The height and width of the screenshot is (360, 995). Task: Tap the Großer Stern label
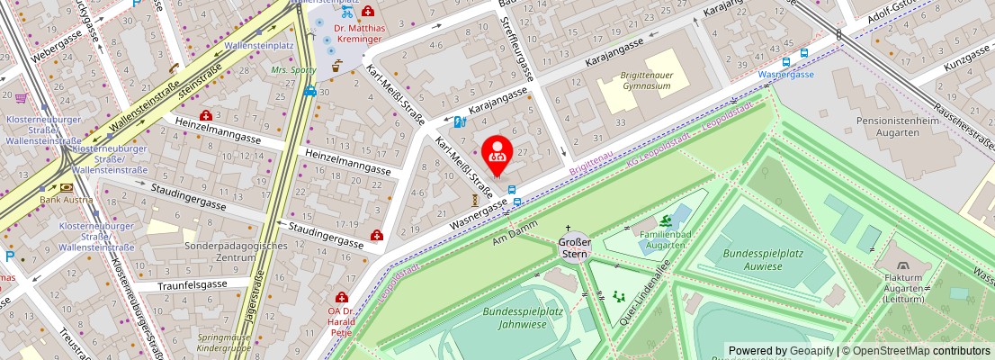tap(575, 247)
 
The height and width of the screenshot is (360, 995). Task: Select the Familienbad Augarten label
tap(665, 238)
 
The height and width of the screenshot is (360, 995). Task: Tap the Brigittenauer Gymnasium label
tap(645, 81)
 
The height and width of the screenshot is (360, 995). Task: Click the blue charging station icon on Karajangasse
tap(460, 122)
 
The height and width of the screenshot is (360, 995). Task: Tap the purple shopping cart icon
tap(21, 97)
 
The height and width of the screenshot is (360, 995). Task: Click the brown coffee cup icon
tap(336, 66)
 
